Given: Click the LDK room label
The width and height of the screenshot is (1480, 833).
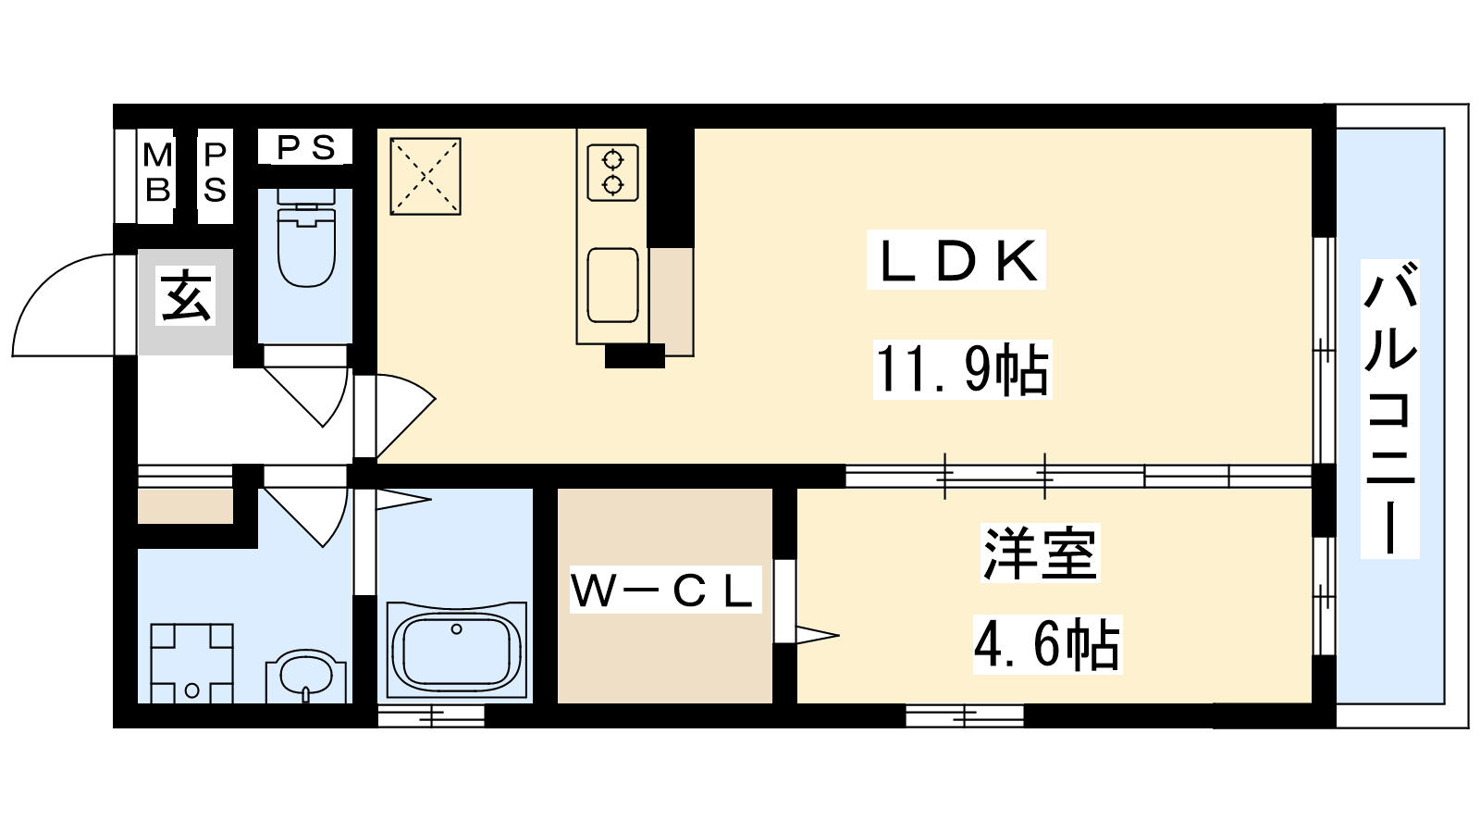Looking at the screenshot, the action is click(956, 261).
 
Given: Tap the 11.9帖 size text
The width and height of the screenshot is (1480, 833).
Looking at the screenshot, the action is click(962, 369).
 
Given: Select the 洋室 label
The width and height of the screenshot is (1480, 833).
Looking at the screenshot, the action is click(1041, 553).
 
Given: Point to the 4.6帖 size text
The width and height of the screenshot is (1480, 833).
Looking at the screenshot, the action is click(1047, 643).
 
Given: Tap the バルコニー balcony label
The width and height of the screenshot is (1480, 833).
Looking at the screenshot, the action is click(1389, 408).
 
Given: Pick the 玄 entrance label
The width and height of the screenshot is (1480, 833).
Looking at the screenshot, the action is click(186, 295).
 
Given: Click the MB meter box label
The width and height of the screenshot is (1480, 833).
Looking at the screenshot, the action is click(157, 173).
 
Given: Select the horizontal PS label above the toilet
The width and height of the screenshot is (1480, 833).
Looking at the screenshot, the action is click(305, 147).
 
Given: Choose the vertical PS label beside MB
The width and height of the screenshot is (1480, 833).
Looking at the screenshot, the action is click(215, 173).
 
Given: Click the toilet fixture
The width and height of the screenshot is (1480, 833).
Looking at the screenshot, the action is click(306, 237).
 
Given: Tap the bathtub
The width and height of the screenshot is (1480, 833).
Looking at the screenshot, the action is click(456, 650).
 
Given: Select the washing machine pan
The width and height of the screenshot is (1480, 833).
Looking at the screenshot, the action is click(191, 664).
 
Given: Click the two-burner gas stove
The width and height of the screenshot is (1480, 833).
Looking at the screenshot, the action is click(613, 172).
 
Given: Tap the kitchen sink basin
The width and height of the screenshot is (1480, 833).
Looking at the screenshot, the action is click(613, 286).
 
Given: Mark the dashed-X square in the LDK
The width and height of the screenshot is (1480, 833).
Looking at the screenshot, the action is click(425, 176).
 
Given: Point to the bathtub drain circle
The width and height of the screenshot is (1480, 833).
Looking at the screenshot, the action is click(457, 629).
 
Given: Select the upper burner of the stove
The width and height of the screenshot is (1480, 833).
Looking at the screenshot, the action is click(613, 159).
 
